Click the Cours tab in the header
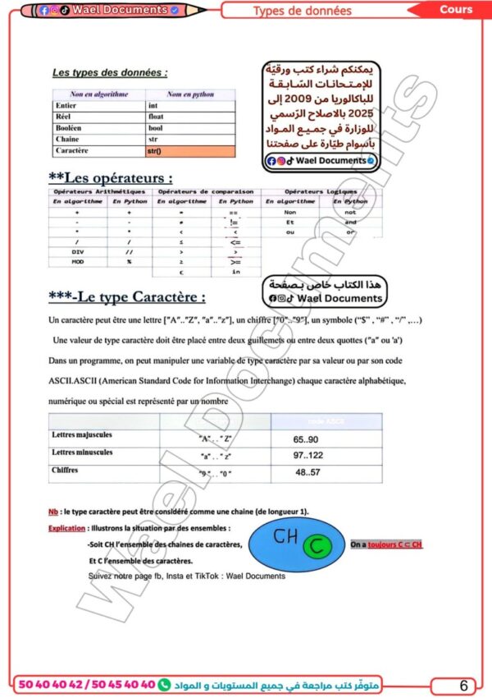(x=455, y=10)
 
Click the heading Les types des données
(x=109, y=72)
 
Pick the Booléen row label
(x=70, y=129)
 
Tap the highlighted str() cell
(x=154, y=152)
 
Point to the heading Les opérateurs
(x=111, y=177)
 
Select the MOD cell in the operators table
(x=77, y=262)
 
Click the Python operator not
(x=350, y=211)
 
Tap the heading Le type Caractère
(x=127, y=296)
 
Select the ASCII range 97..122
(x=308, y=455)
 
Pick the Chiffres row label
(x=65, y=471)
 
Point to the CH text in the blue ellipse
(x=285, y=537)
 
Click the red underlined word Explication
(x=66, y=529)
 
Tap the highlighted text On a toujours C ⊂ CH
(x=386, y=544)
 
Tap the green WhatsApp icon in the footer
(x=164, y=684)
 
